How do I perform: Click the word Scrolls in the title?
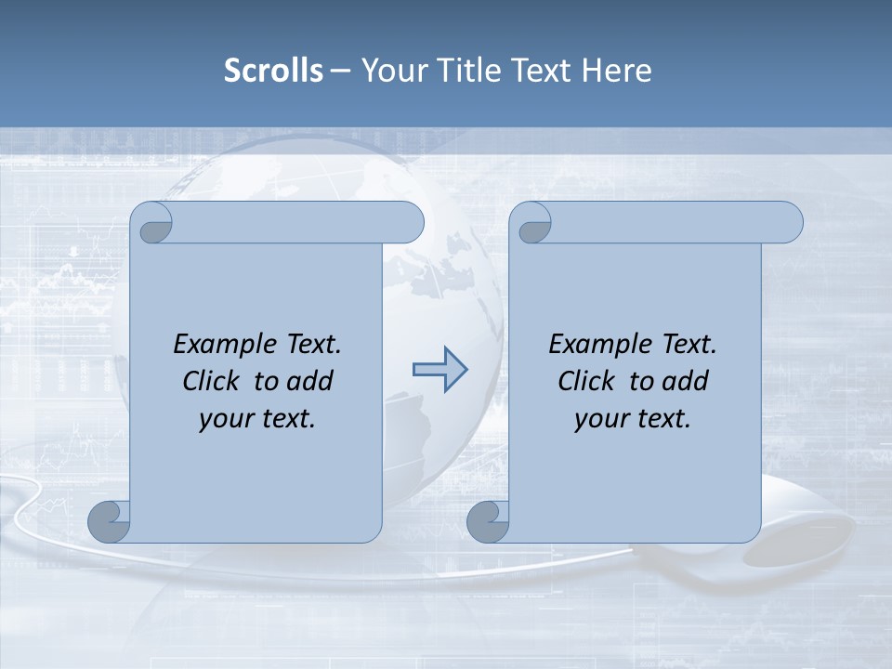pyautogui.click(x=273, y=71)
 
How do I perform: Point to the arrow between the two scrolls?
pyautogui.click(x=439, y=370)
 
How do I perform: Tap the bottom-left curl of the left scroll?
pyautogui.click(x=110, y=522)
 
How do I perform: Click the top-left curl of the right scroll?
pyautogui.click(x=532, y=224)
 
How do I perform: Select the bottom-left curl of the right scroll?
pyautogui.click(x=488, y=522)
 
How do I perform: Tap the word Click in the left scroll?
pyautogui.click(x=212, y=382)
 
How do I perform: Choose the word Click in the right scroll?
pyautogui.click(x=586, y=382)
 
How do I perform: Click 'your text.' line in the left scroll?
pyautogui.click(x=257, y=419)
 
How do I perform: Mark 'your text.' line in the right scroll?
pyautogui.click(x=633, y=419)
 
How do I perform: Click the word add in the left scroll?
pyautogui.click(x=308, y=382)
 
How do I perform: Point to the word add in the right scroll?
pyautogui.click(x=684, y=382)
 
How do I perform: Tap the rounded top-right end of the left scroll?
pyautogui.click(x=409, y=223)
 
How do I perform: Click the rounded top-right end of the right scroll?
pyautogui.click(x=788, y=223)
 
